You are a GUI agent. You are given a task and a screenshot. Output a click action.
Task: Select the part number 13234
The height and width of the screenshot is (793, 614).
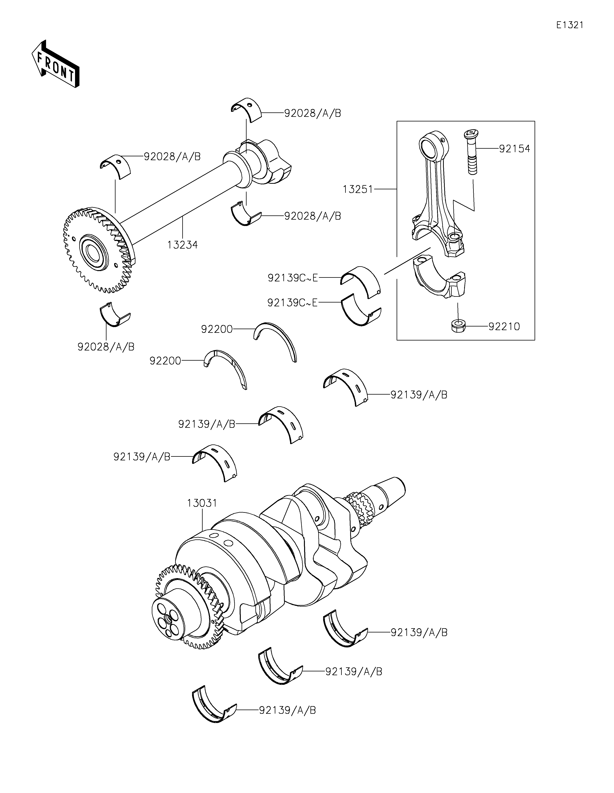pyautogui.click(x=183, y=245)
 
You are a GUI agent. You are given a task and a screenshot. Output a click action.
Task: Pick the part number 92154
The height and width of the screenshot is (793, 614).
pyautogui.click(x=514, y=148)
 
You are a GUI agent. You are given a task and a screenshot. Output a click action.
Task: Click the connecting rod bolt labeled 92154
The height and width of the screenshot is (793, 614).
pyautogui.click(x=471, y=152)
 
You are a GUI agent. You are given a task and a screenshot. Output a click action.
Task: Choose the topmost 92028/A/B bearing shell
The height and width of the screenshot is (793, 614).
pyautogui.click(x=247, y=110)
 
